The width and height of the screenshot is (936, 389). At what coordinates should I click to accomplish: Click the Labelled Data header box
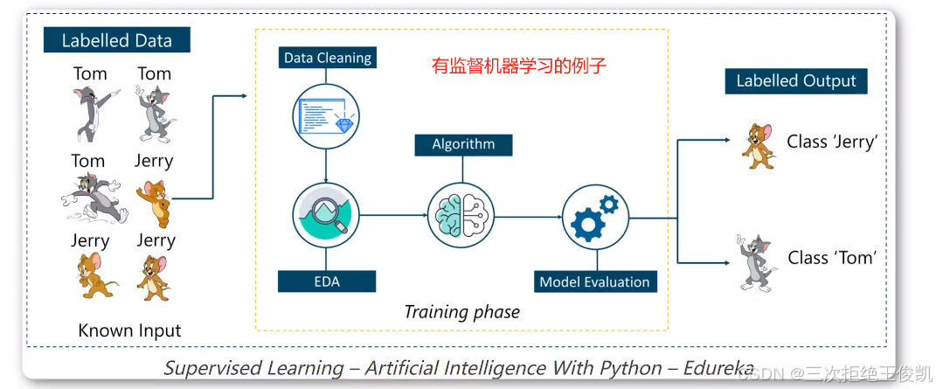(117, 40)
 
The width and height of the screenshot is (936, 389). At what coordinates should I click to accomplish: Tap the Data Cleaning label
(328, 59)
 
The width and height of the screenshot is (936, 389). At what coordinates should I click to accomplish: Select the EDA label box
(327, 281)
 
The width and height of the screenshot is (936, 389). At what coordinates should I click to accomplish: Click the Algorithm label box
(463, 144)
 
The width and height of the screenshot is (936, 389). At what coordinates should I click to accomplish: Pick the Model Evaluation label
(594, 281)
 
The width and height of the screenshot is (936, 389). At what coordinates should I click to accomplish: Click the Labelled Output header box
(796, 81)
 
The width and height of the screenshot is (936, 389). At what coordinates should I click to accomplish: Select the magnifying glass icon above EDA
(327, 214)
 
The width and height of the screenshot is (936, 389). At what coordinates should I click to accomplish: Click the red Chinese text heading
(519, 66)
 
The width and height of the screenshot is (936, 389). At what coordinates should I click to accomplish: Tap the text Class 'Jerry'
(831, 142)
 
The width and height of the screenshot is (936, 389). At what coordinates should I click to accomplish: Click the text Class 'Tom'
(831, 258)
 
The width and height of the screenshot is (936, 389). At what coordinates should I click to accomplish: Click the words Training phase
(461, 312)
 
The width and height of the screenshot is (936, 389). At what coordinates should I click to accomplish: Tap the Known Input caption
(129, 330)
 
